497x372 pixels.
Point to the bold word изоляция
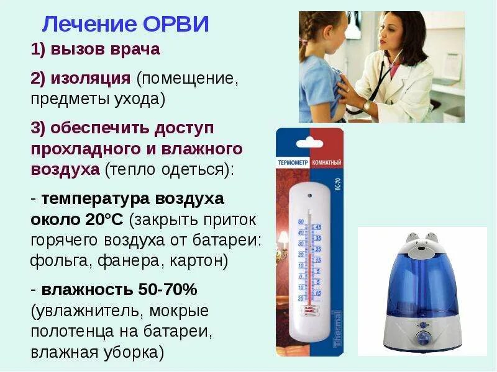(x=91, y=79)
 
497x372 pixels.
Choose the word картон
(x=198, y=260)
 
